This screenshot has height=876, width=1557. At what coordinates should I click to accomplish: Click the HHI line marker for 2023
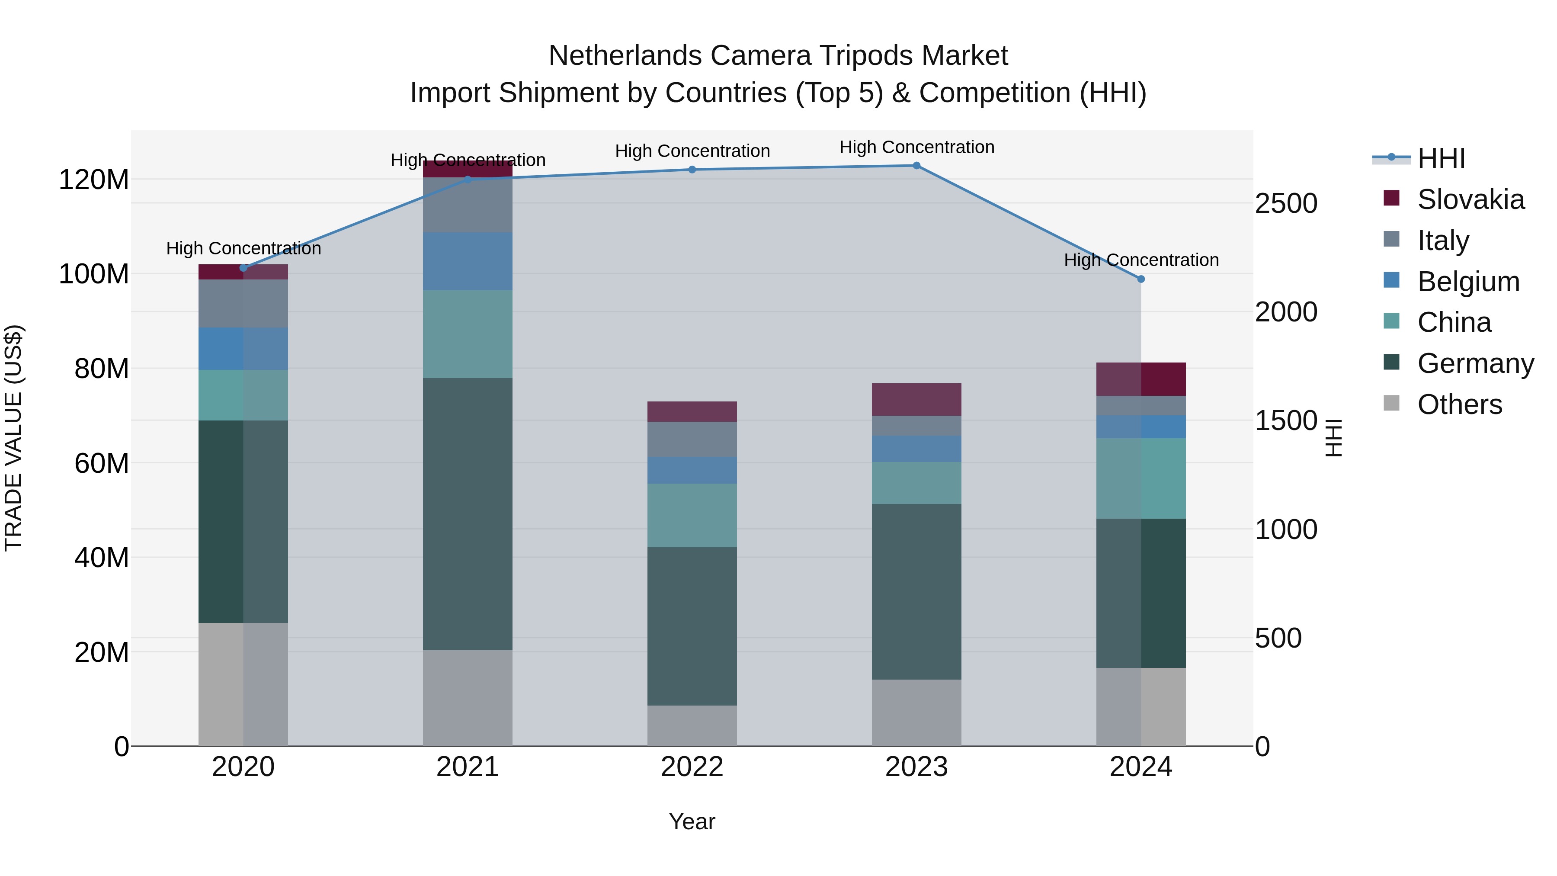tap(916, 166)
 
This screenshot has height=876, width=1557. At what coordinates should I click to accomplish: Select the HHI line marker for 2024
tap(1141, 279)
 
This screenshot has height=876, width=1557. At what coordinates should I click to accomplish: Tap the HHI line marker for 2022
tap(692, 170)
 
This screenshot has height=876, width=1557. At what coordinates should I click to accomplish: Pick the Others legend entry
tap(1459, 404)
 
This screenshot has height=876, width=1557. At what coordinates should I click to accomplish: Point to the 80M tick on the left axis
tap(102, 369)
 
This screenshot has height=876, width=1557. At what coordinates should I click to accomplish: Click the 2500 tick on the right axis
tap(1286, 204)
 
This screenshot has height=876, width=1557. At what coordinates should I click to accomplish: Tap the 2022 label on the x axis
tap(692, 767)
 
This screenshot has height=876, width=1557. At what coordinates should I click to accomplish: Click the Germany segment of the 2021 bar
tap(467, 514)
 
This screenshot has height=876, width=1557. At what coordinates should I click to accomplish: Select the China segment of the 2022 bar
tap(692, 515)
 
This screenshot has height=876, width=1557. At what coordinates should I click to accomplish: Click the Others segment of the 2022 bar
tap(692, 725)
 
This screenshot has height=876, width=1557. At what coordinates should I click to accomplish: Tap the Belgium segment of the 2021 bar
tap(467, 261)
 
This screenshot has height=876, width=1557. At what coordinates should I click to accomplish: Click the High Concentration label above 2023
tap(916, 147)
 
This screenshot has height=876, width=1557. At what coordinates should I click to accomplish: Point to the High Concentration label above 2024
tap(1141, 260)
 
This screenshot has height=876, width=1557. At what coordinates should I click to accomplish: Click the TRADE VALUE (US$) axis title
tap(13, 438)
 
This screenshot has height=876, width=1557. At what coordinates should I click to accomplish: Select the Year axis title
tap(692, 821)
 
